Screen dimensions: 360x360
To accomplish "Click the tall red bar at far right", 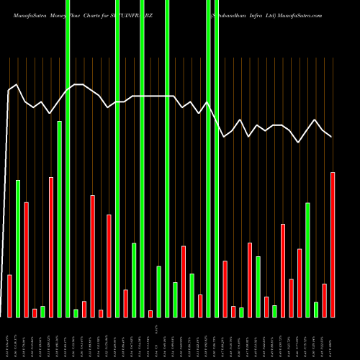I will click(333, 244).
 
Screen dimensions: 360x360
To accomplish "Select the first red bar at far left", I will click(9, 295).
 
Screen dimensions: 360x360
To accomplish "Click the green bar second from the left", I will click(18, 248).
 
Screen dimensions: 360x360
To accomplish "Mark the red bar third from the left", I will click(35, 312).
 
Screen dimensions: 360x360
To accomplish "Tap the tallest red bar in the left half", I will click(51, 246).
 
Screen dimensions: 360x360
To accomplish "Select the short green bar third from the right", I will click(316, 309).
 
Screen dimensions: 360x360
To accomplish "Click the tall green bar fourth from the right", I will click(308, 259).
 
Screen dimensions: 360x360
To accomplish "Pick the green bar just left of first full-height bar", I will click(59, 219).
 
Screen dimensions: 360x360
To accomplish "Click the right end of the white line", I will click(331, 136).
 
